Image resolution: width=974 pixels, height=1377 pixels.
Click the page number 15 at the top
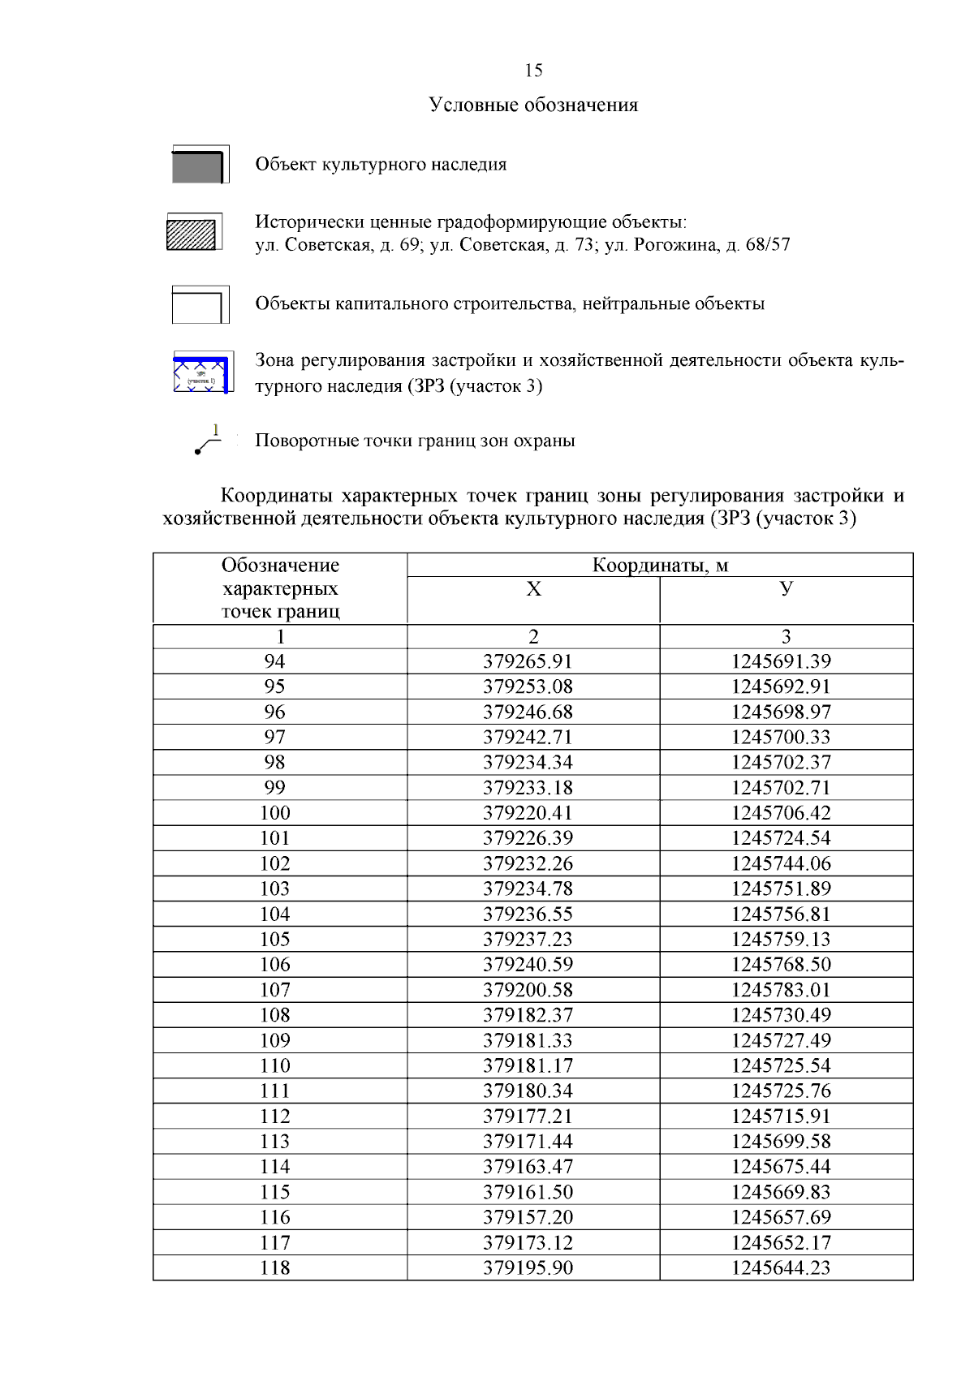pos(533,71)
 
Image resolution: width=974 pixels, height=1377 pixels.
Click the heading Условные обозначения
pos(533,105)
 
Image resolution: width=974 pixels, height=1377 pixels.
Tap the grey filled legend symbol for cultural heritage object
pos(199,166)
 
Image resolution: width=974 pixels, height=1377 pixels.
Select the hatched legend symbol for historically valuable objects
pos(192,233)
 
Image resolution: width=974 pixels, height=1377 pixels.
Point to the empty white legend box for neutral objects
pos(199,305)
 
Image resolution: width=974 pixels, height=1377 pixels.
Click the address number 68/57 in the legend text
pos(767,245)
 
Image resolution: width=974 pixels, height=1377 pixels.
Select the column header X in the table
pos(533,589)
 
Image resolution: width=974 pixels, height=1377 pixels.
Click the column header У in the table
pos(786,589)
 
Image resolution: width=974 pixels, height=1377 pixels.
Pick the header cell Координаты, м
pos(659,566)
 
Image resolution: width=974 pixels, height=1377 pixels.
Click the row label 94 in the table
pos(274,662)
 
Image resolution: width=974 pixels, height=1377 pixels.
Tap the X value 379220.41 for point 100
pos(528,813)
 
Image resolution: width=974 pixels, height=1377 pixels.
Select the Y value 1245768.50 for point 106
pos(781,965)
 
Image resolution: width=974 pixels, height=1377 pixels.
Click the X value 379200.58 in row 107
pos(528,990)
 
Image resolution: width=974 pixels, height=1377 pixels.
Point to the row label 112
pos(274,1117)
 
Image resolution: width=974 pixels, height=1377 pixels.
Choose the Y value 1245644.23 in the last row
pos(781,1268)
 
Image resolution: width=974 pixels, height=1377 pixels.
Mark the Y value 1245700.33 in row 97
pos(781,738)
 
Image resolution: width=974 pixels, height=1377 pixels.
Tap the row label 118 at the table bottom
pos(274,1268)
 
